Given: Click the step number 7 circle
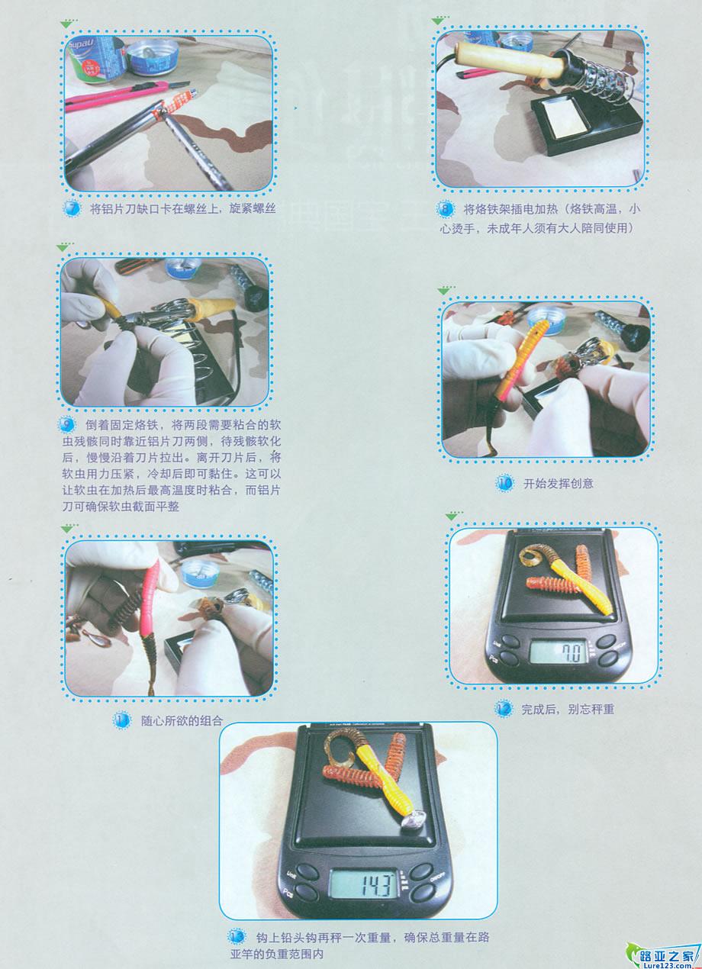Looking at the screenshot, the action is (x=72, y=208).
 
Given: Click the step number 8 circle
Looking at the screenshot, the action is (x=445, y=210).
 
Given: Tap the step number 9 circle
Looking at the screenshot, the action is (x=66, y=424).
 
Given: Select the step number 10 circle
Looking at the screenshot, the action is (x=505, y=483).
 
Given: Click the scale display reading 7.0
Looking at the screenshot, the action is (x=559, y=652).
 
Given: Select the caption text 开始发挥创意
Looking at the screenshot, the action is (x=558, y=483).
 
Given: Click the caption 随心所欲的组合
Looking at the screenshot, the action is (x=182, y=721).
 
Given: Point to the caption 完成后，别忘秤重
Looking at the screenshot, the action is (x=568, y=709).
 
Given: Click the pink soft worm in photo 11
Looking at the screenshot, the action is (x=150, y=599).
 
